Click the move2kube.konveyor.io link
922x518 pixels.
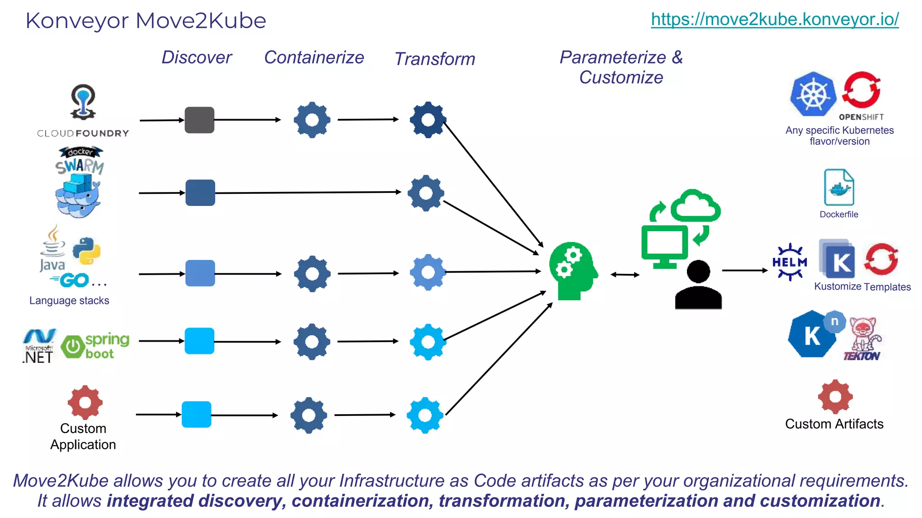[x=774, y=19]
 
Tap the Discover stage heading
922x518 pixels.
[x=197, y=58]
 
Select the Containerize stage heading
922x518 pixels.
[x=314, y=58]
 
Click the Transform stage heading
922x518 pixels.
[x=434, y=59]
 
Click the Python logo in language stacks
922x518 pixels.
[x=86, y=251]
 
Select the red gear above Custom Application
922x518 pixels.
[x=85, y=402]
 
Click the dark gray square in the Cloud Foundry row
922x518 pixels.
[x=199, y=120]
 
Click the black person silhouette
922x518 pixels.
[x=698, y=285]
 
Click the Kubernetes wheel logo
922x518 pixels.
[x=813, y=94]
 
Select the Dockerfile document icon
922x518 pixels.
[x=839, y=188]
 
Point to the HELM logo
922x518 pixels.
[x=790, y=262]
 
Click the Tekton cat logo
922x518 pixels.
[x=863, y=339]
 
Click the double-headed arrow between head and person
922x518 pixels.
[x=625, y=274]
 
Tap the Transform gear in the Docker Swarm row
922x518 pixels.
[x=426, y=193]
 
